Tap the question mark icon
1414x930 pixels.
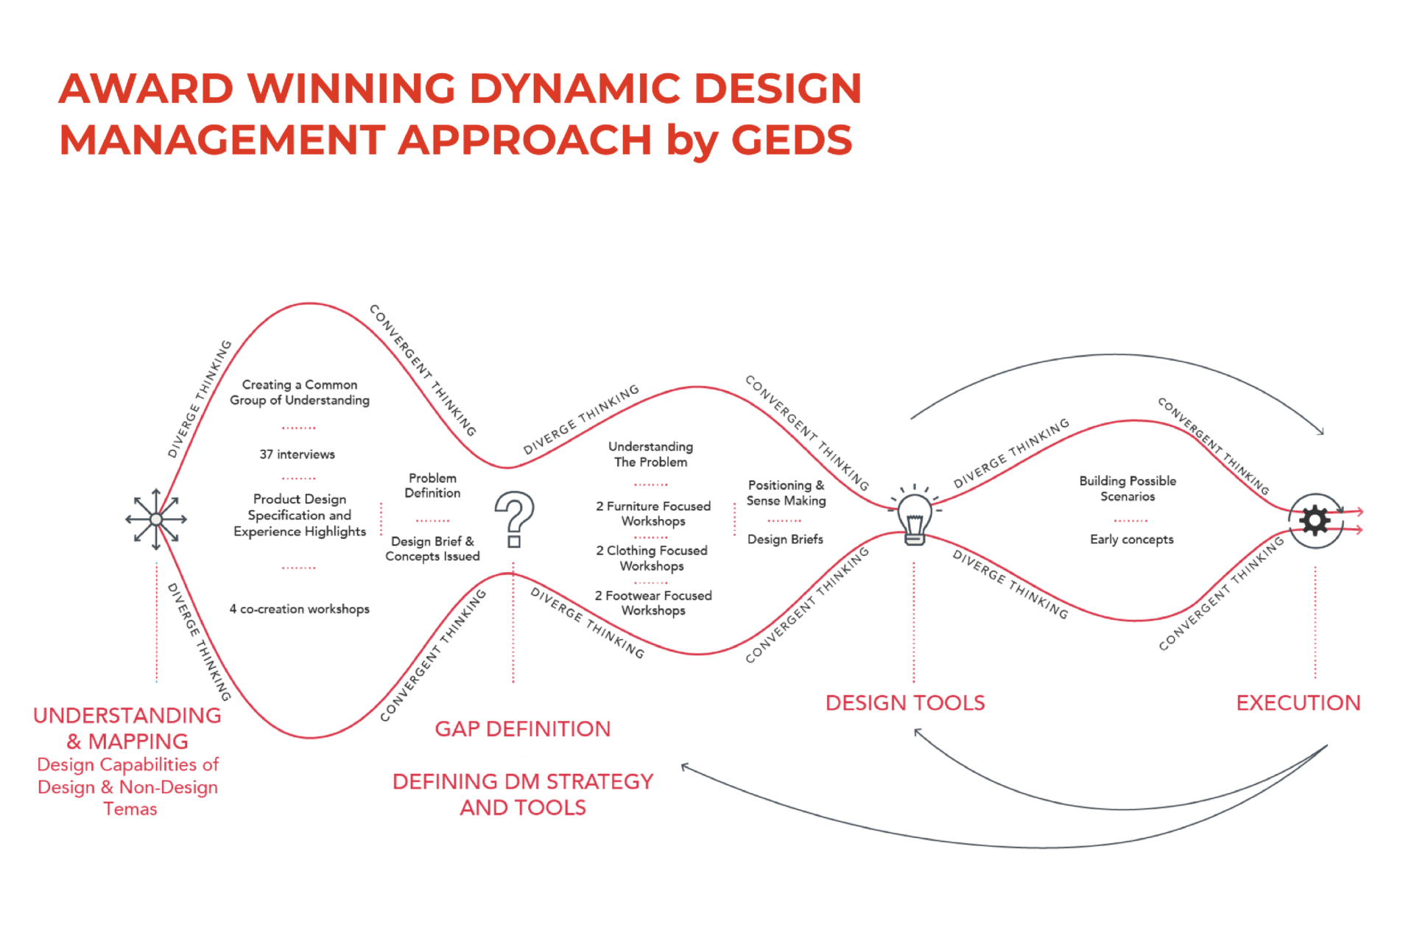(x=514, y=518)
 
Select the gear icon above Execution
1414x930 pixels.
(x=1315, y=521)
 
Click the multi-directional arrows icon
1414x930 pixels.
(x=156, y=519)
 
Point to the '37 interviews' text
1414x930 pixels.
(x=297, y=454)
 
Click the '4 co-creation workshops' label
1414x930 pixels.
(x=299, y=609)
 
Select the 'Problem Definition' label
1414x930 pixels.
(x=432, y=485)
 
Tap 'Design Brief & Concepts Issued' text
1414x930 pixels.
(x=432, y=549)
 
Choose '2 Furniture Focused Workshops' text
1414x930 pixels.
(x=653, y=513)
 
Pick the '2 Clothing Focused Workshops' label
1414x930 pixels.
(x=652, y=558)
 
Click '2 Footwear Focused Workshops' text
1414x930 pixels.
(x=653, y=602)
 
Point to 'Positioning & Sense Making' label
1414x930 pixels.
(x=786, y=493)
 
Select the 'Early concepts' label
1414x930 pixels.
(x=1131, y=539)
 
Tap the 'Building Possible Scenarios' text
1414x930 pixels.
(x=1128, y=488)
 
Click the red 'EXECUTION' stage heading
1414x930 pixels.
(x=1298, y=702)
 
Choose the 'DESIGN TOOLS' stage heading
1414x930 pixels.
(x=904, y=702)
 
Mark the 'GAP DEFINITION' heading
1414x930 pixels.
(x=522, y=729)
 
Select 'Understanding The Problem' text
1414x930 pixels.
(x=650, y=454)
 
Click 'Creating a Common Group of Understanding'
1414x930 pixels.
(x=300, y=392)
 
